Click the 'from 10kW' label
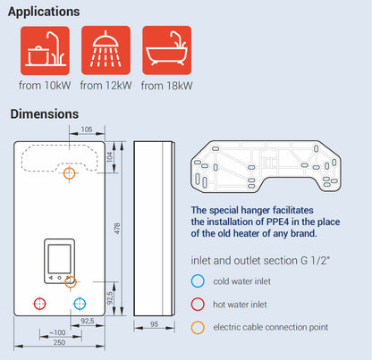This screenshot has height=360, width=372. tap(44, 86)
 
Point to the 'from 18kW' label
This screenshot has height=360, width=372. tap(167, 86)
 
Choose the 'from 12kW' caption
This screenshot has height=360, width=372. tap(106, 86)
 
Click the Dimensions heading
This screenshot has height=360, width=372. tap(44, 114)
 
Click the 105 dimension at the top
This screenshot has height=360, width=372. tap(87, 130)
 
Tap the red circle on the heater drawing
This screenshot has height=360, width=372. tap(38, 303)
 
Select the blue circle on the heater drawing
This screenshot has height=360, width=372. tap(79, 303)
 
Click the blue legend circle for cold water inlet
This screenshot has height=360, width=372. tap(198, 280)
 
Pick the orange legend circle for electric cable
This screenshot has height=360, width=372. tap(198, 327)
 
